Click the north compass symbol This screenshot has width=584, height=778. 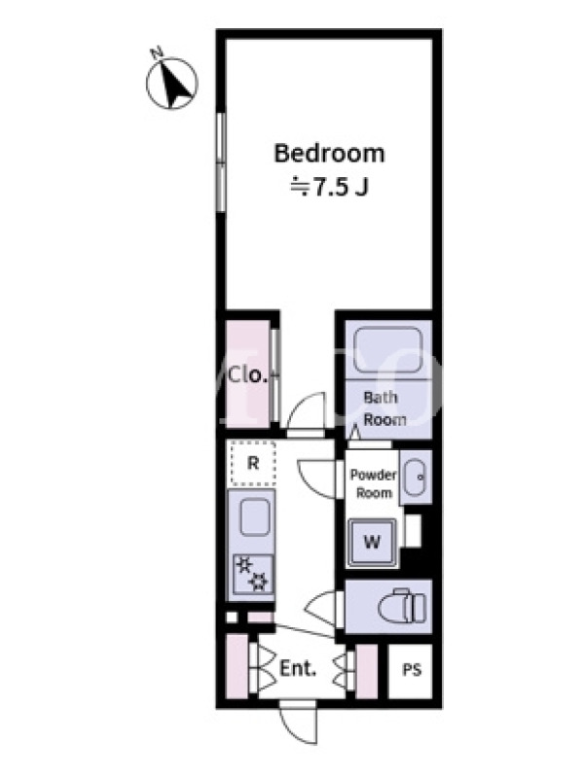point(172,81)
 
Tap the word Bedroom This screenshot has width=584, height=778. point(329,154)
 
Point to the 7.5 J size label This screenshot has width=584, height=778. point(329,187)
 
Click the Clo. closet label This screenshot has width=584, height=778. point(247,375)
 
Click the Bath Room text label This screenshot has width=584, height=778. point(383,408)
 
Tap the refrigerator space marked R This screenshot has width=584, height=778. point(253,464)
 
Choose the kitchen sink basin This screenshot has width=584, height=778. point(255,516)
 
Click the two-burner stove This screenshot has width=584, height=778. point(253,574)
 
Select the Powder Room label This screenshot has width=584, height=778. point(374,483)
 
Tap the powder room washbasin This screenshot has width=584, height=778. point(416,477)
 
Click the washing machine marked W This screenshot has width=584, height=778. point(373,542)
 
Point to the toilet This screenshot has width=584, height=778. point(402,606)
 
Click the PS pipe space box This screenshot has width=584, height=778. point(411,671)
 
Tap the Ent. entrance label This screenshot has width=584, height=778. point(298,668)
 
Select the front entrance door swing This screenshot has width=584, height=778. point(298,725)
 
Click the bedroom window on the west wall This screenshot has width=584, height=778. point(221,162)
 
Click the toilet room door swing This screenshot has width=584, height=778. point(321,610)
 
